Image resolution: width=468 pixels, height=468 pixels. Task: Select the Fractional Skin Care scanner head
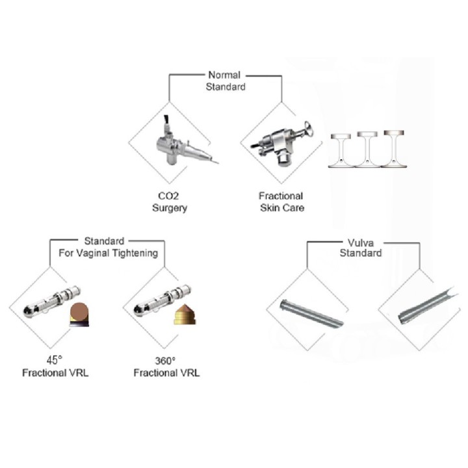pyautogui.click(x=282, y=143)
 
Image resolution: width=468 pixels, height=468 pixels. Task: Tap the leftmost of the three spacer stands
pyautogui.click(x=341, y=150)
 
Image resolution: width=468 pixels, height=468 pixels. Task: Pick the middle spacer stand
pyautogui.click(x=367, y=149)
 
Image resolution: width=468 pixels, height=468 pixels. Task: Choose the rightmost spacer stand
pyautogui.click(x=394, y=149)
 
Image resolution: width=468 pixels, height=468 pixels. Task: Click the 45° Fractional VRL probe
pyautogui.click(x=51, y=302)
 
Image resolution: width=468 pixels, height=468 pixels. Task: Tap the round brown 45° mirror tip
pyautogui.click(x=79, y=315)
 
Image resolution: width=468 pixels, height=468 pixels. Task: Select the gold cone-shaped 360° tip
pyautogui.click(x=185, y=315)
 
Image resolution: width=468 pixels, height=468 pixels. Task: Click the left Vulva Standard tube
pyautogui.click(x=311, y=313)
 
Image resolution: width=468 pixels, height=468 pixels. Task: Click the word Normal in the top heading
pyautogui.click(x=224, y=75)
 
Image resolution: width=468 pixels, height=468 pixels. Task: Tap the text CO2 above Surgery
pyautogui.click(x=168, y=196)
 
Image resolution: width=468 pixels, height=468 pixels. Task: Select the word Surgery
pyautogui.click(x=170, y=208)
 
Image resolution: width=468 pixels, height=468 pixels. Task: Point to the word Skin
pyautogui.click(x=270, y=208)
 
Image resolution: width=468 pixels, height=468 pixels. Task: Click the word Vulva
pyautogui.click(x=361, y=243)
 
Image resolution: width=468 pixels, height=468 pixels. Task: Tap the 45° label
pyautogui.click(x=55, y=360)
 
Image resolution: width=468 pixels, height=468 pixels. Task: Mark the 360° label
pyautogui.click(x=165, y=361)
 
